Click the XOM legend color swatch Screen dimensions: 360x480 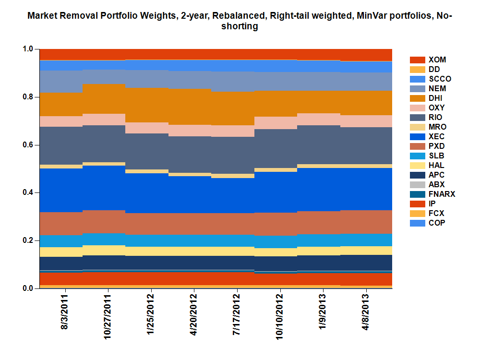coord(417,60)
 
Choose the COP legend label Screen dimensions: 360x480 coord(436,223)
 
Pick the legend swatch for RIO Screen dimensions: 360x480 coord(417,117)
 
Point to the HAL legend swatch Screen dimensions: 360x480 coord(417,165)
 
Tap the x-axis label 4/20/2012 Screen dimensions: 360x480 coord(194,318)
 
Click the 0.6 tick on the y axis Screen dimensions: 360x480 coord(28,144)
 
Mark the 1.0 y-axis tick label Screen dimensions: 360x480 coord(28,49)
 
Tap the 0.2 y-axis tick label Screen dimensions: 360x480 coord(28,240)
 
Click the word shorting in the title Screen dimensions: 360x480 coord(240,27)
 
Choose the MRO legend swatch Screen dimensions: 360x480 coord(417,127)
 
